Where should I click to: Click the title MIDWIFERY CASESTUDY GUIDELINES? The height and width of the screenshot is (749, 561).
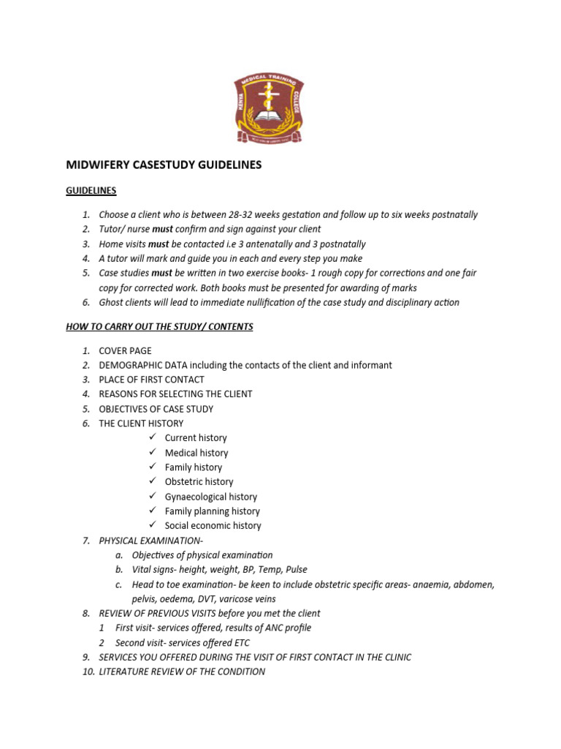coord(164,165)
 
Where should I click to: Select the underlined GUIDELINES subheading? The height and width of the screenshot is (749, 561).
coord(91,190)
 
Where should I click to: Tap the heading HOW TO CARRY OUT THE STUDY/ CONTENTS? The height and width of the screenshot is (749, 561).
coord(159,327)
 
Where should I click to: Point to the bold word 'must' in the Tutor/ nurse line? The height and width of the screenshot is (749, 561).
coord(163,230)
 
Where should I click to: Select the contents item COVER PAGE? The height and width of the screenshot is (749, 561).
coord(125,350)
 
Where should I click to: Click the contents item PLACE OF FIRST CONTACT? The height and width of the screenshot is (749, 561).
coord(151,380)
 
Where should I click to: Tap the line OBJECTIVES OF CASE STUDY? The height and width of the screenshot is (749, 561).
coord(156,409)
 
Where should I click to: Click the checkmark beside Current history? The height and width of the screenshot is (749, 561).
coord(153,437)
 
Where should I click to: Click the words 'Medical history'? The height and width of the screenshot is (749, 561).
coord(196,453)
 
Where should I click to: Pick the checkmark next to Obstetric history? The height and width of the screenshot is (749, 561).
coord(153,481)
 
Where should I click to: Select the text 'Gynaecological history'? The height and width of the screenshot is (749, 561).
coord(211,497)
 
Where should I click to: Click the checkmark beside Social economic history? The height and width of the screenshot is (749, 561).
coord(153,525)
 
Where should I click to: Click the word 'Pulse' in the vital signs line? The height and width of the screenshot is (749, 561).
coord(296,570)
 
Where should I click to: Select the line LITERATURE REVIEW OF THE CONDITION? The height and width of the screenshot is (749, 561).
coord(182,671)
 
